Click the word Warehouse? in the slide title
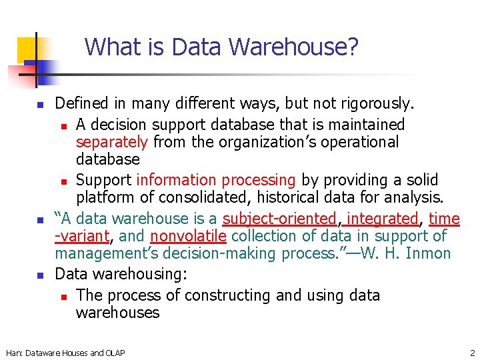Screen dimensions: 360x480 295,47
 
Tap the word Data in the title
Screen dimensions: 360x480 197,47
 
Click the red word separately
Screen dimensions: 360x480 112,142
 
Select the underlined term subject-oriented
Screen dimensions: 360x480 280,219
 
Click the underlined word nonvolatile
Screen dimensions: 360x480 189,236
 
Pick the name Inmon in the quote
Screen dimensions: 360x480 428,253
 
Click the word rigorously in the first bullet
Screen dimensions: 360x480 377,104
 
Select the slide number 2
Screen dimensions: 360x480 472,352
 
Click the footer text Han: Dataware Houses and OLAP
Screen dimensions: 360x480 65,353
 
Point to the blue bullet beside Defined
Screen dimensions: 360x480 40,105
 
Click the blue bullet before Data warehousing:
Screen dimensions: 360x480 40,275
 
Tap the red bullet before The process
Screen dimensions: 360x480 62,296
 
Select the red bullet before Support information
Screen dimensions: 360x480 62,181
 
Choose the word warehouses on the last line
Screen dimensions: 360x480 118,313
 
